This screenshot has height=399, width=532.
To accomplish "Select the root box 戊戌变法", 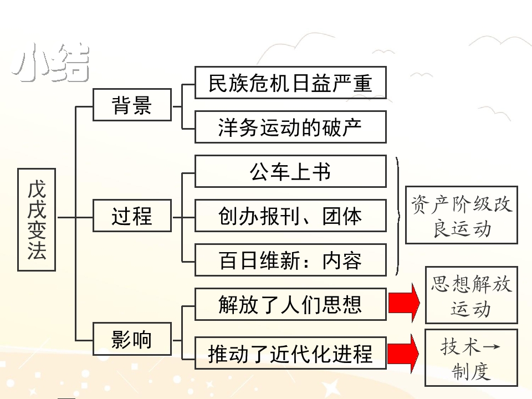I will [x=37, y=219].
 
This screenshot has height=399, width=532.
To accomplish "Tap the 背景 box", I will [x=132, y=104].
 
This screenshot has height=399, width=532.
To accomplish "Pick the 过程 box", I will [x=132, y=215].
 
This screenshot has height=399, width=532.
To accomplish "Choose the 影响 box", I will [x=132, y=339].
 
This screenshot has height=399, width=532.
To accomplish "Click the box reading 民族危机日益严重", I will [x=290, y=83].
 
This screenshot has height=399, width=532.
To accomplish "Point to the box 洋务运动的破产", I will [x=290, y=127].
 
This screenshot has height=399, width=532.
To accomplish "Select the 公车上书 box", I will [x=290, y=171].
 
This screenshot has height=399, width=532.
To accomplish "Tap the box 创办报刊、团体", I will [x=290, y=215].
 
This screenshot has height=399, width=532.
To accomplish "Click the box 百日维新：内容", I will [x=290, y=259].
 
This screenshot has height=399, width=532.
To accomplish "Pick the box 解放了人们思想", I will [x=290, y=304].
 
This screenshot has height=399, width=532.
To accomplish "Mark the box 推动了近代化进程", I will [x=290, y=352].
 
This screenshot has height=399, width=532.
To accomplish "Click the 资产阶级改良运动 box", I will [x=462, y=215].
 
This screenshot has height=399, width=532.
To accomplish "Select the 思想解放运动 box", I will [x=471, y=295].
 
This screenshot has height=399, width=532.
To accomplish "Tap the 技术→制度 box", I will [x=471, y=357].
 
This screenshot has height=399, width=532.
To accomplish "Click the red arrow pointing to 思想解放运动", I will [x=405, y=303].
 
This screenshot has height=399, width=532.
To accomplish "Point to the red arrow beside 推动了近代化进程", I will [x=405, y=353].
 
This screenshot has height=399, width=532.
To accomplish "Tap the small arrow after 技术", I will [x=491, y=347].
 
